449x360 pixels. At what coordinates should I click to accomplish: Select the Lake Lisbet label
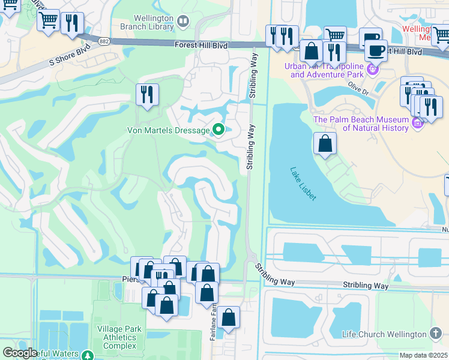(x=303, y=183)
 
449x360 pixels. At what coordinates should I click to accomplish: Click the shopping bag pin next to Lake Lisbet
(x=325, y=143)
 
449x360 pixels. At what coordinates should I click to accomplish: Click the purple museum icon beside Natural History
(x=418, y=123)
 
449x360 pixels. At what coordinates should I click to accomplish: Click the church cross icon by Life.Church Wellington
(x=436, y=334)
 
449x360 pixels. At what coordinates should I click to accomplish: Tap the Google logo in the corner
(x=19, y=353)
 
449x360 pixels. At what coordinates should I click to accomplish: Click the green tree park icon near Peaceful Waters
(x=88, y=356)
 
